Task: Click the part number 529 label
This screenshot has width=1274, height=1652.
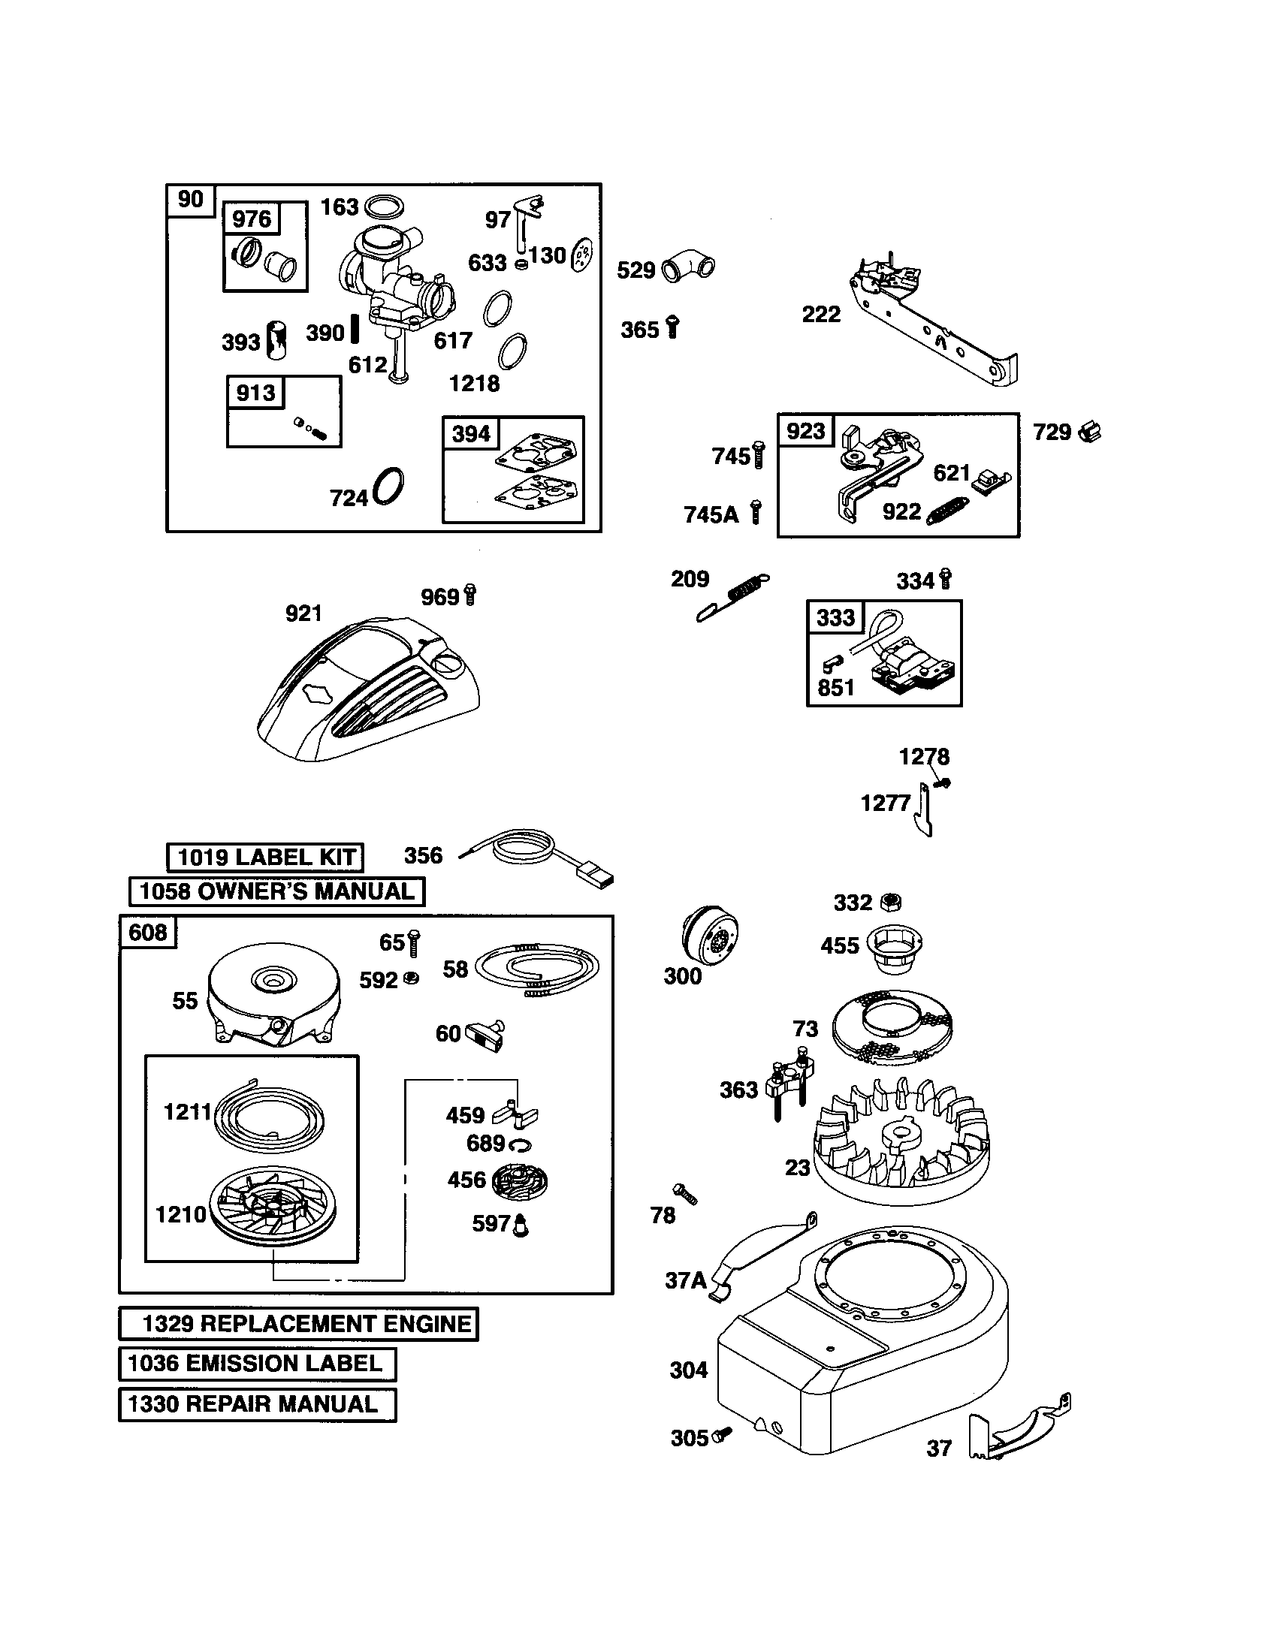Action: (635, 270)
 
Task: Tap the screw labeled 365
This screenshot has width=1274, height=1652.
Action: (672, 327)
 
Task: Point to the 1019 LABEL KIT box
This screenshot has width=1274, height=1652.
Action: (264, 857)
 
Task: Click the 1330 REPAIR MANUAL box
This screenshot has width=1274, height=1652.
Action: (257, 1404)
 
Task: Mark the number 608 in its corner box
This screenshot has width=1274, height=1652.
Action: (147, 932)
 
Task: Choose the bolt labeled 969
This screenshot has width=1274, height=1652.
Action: (469, 595)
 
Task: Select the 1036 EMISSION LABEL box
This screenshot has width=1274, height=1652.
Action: (257, 1364)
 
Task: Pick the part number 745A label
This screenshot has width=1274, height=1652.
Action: (711, 514)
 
